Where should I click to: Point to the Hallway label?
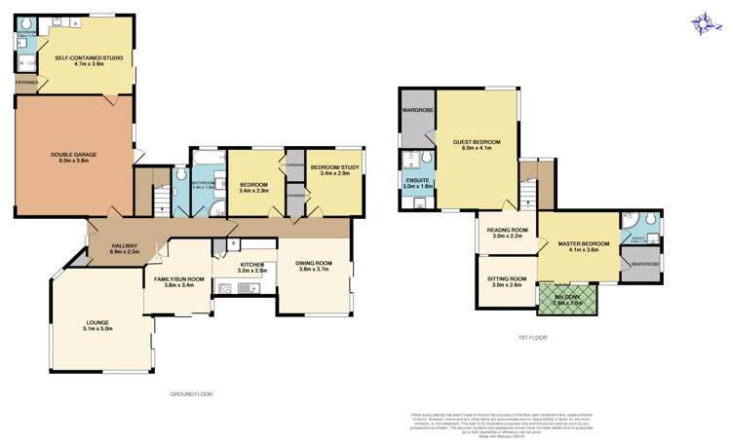point(124,248)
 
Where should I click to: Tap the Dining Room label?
point(315,266)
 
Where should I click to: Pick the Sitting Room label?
point(506,281)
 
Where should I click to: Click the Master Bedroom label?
point(589,246)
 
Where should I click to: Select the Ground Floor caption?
point(190,394)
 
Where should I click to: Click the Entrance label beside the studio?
point(26,83)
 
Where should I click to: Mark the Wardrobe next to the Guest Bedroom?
point(417,111)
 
